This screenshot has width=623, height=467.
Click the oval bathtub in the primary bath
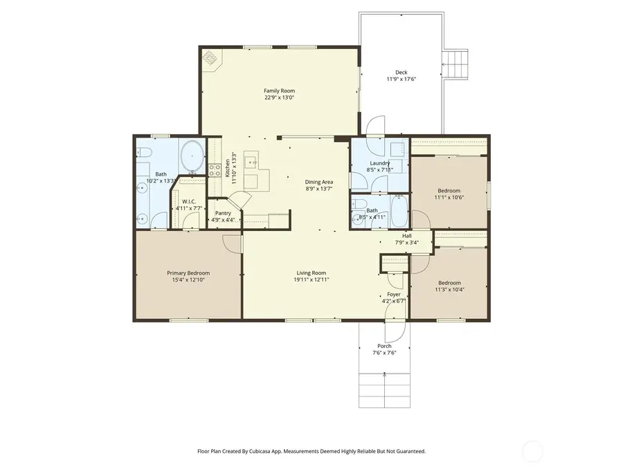pos(192,156)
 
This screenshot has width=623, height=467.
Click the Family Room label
pos(279,91)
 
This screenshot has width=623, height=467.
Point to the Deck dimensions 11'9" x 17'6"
pos(401,80)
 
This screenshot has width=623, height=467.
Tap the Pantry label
pos(223,213)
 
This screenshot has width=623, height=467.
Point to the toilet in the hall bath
pos(358,204)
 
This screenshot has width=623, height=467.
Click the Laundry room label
pos(380,163)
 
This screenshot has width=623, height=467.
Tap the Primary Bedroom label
pos(188,273)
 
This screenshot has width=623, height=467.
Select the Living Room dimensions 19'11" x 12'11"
pos(311,280)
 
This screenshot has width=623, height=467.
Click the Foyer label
pos(393,294)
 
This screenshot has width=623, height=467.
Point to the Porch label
pos(384,346)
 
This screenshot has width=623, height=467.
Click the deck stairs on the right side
pos(455,65)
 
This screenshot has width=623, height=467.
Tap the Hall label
pos(406,236)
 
